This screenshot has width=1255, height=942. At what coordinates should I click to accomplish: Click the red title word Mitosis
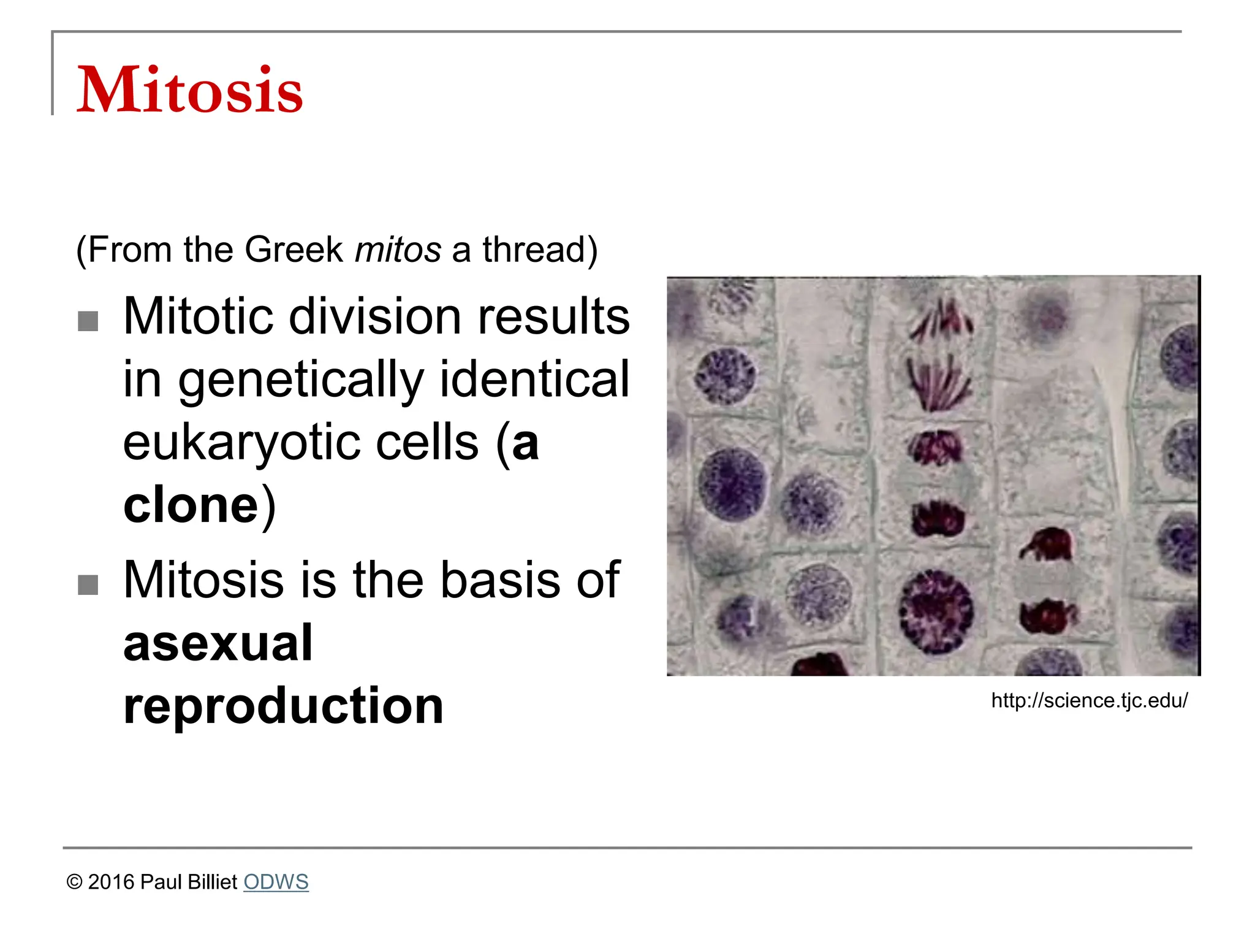(189, 90)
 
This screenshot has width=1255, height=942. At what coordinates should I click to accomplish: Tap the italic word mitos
(398, 250)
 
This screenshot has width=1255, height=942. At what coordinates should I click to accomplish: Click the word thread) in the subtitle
(539, 250)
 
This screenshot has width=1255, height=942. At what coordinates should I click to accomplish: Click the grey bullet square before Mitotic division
(88, 321)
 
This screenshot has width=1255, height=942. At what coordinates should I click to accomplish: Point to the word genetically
(301, 380)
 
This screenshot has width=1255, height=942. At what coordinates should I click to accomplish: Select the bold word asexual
(218, 643)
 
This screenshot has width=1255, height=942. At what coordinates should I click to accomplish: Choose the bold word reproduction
(283, 706)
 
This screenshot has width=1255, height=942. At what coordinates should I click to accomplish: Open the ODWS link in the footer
(276, 882)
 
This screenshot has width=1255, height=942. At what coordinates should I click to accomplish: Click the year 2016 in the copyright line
(111, 882)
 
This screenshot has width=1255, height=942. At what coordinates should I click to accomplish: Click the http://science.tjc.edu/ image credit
(1090, 700)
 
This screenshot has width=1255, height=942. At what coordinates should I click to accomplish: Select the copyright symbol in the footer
(74, 883)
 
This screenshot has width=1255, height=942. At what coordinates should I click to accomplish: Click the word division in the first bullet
(374, 316)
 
